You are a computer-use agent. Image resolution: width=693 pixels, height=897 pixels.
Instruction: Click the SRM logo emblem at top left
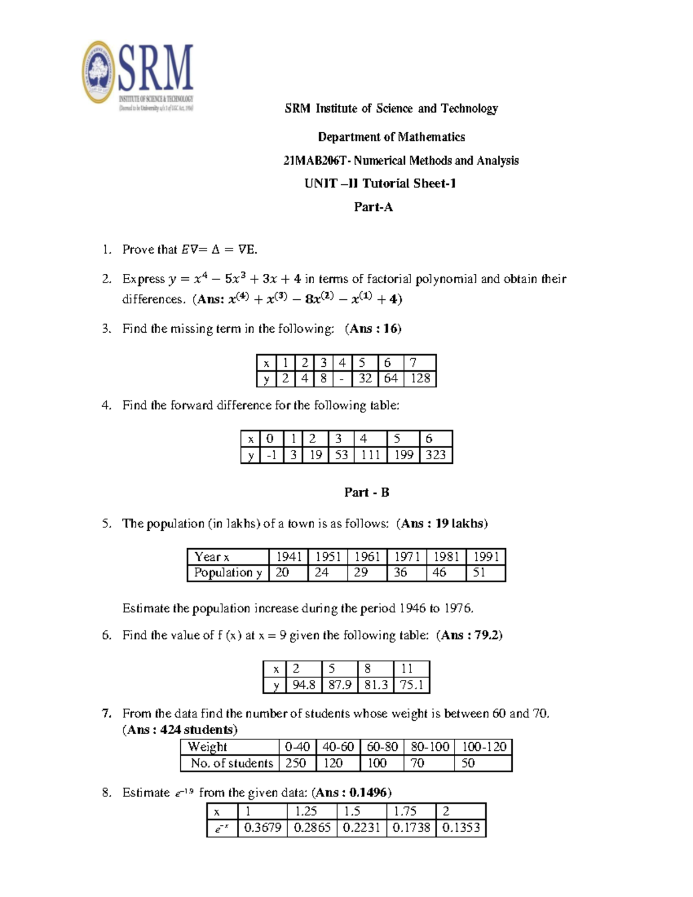pyautogui.click(x=99, y=72)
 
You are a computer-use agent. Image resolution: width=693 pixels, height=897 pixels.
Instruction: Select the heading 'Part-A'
pyautogui.click(x=373, y=207)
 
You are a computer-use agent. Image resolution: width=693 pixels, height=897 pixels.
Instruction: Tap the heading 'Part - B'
pyautogui.click(x=367, y=492)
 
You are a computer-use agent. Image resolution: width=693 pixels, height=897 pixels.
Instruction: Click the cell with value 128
pyautogui.click(x=420, y=378)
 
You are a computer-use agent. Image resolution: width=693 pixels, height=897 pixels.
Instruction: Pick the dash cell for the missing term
pyautogui.click(x=342, y=379)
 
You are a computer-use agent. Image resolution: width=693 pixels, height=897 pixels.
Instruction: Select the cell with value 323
pyautogui.click(x=435, y=455)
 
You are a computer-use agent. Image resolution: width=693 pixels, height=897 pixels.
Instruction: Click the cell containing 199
pyautogui.click(x=403, y=455)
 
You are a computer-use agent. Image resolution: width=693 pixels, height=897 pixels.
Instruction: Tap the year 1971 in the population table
pyautogui.click(x=407, y=557)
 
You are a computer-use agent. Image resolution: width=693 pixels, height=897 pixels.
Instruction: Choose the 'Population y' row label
pyautogui.click(x=228, y=572)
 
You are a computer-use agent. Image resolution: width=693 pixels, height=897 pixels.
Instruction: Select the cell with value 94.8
pyautogui.click(x=304, y=685)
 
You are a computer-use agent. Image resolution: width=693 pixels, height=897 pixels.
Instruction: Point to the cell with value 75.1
pyautogui.click(x=411, y=685)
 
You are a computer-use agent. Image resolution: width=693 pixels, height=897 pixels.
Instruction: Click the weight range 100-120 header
pyautogui.click(x=483, y=747)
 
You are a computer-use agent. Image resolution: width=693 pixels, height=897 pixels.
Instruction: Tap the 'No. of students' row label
pyautogui.click(x=232, y=763)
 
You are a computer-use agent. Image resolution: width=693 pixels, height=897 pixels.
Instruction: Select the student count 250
pyautogui.click(x=296, y=763)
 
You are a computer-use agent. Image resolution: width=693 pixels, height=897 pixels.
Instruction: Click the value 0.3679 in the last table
pyautogui.click(x=262, y=828)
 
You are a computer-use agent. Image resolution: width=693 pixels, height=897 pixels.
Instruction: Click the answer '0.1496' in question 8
pyautogui.click(x=368, y=792)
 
